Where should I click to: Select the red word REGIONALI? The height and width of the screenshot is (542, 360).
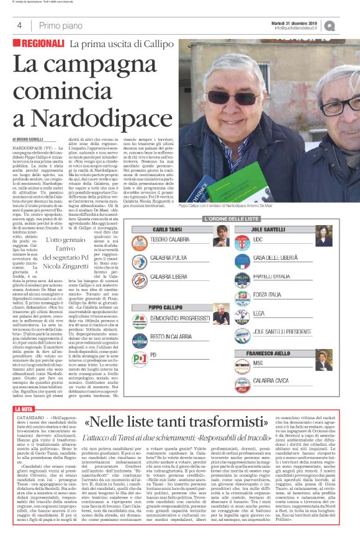point(40,44)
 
